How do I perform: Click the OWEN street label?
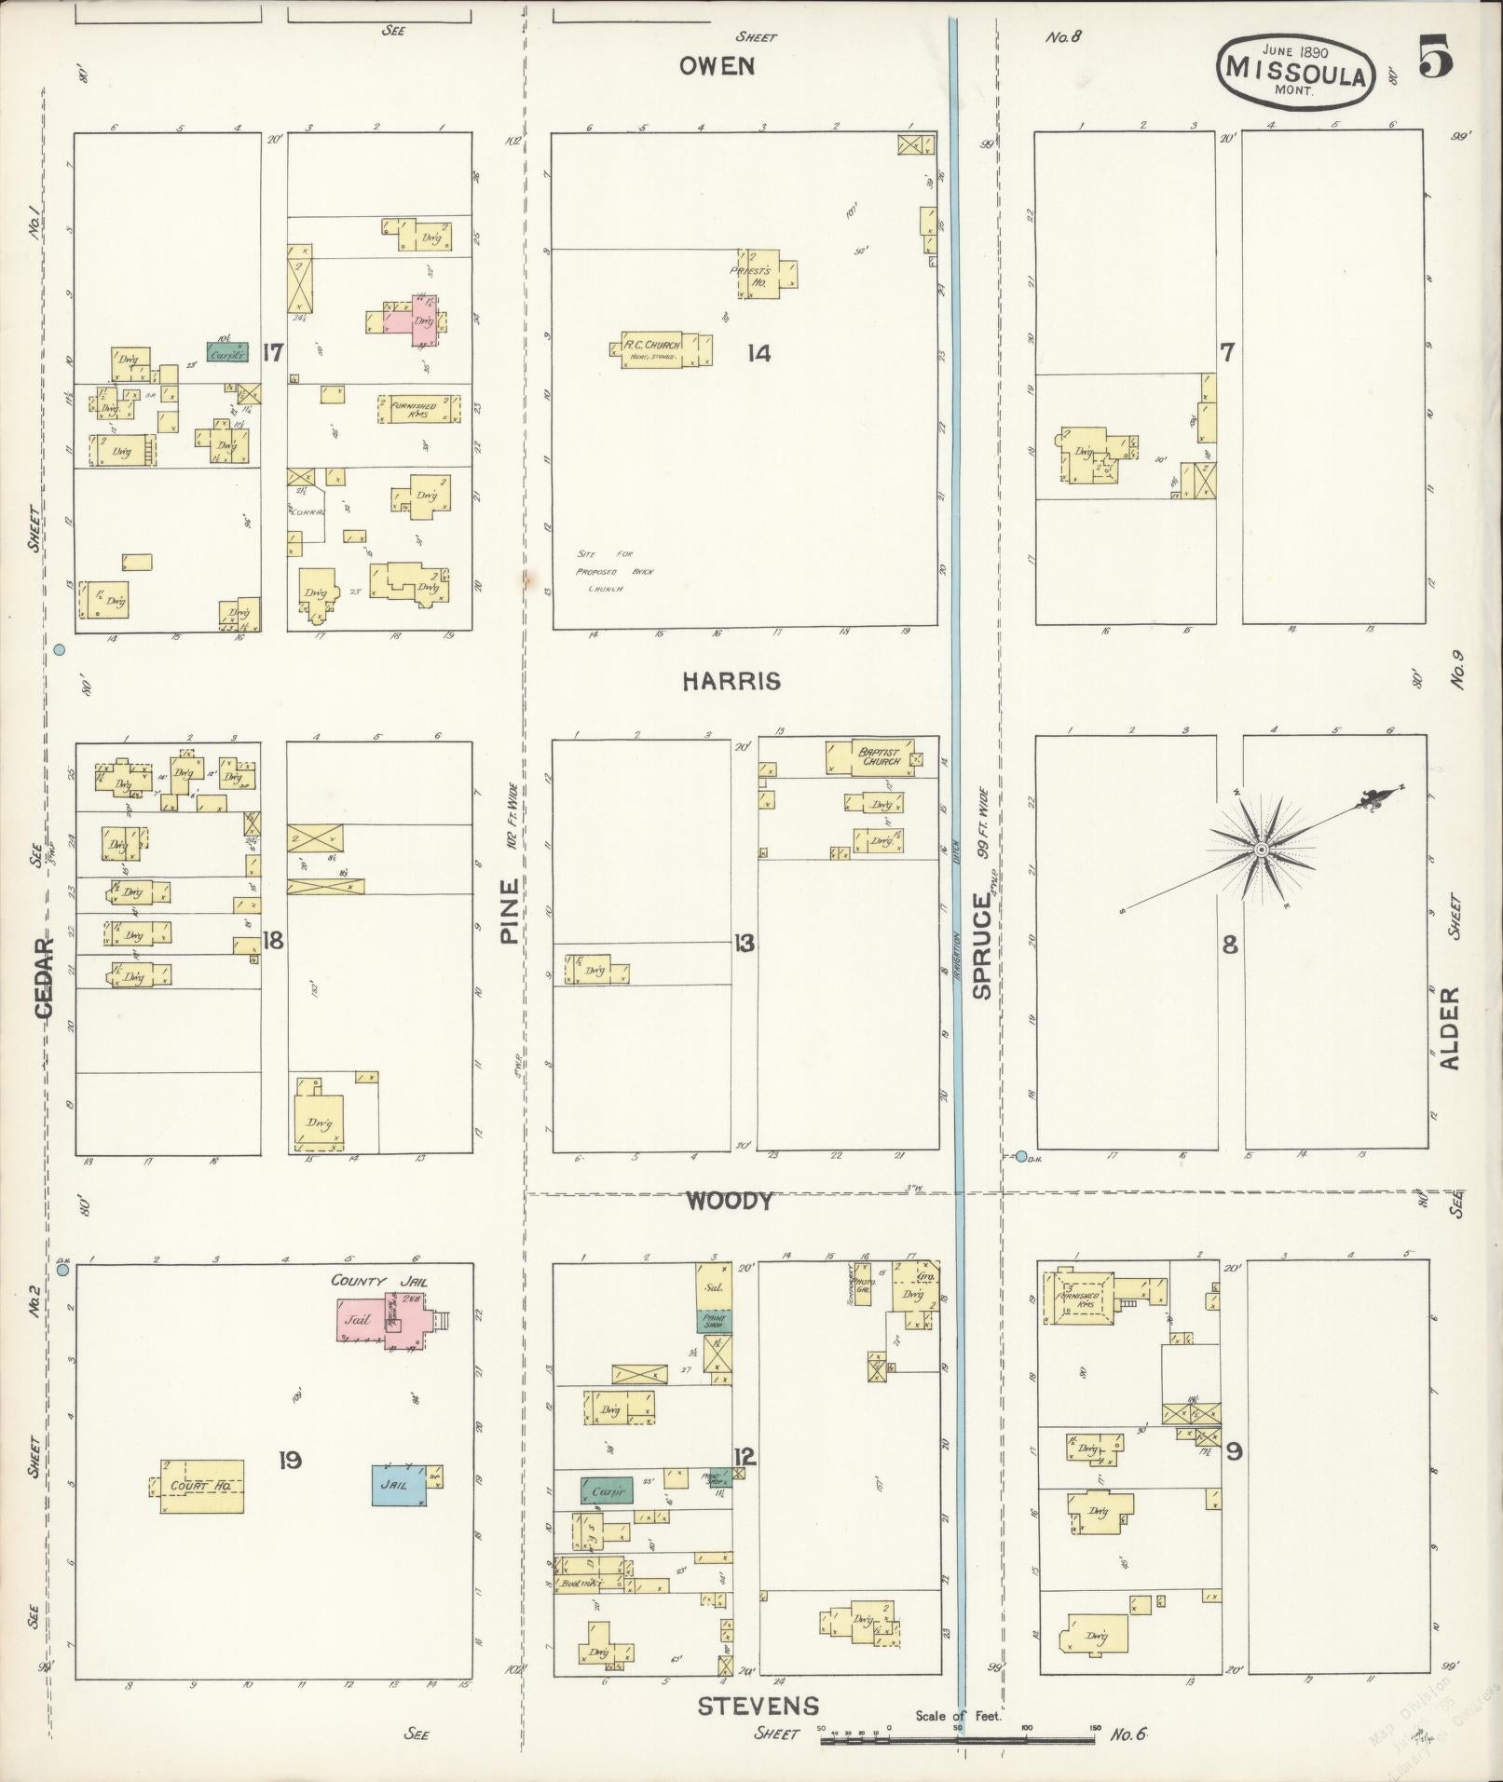(x=716, y=66)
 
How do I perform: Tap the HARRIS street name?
(x=731, y=682)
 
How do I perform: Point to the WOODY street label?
(x=730, y=1202)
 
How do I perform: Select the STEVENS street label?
(x=759, y=1706)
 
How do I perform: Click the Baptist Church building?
(x=868, y=756)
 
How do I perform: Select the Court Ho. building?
(x=201, y=1486)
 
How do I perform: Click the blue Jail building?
(x=400, y=1484)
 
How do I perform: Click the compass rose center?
(x=1261, y=850)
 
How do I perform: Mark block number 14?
(x=759, y=353)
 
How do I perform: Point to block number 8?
(x=1230, y=945)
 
